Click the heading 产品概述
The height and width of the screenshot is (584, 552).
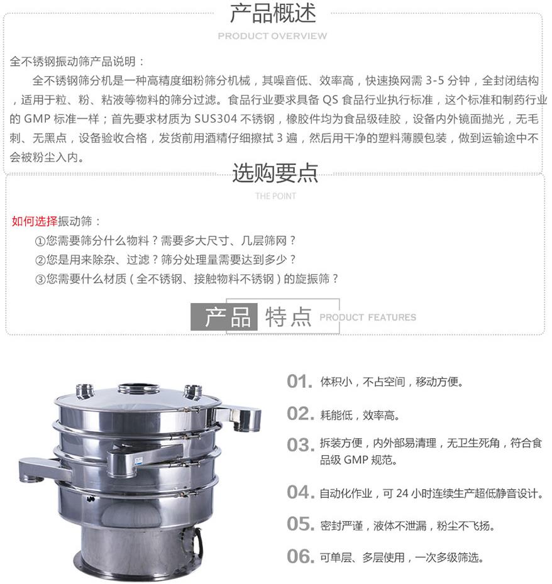[x=272, y=13]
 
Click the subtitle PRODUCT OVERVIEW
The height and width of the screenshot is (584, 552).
[x=272, y=36]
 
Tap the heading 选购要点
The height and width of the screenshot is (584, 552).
[x=275, y=173]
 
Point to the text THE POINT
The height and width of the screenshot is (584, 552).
[x=275, y=196]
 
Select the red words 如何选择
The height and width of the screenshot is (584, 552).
[x=35, y=221]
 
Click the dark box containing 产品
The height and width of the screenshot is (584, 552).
[x=224, y=317]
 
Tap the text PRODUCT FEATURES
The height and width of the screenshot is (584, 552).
[x=368, y=317]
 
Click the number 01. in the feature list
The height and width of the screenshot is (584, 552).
[x=299, y=382]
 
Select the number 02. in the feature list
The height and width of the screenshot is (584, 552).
[x=299, y=414]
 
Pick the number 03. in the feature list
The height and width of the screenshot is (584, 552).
[x=299, y=445]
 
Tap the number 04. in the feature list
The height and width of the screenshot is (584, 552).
[x=299, y=492]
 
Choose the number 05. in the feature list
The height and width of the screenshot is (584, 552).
[x=299, y=524]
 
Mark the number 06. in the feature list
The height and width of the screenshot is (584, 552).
[x=299, y=556]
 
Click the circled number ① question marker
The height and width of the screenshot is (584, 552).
[x=40, y=241]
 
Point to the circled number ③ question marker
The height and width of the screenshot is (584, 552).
[x=40, y=279]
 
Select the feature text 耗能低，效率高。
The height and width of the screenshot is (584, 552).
[x=360, y=415]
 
